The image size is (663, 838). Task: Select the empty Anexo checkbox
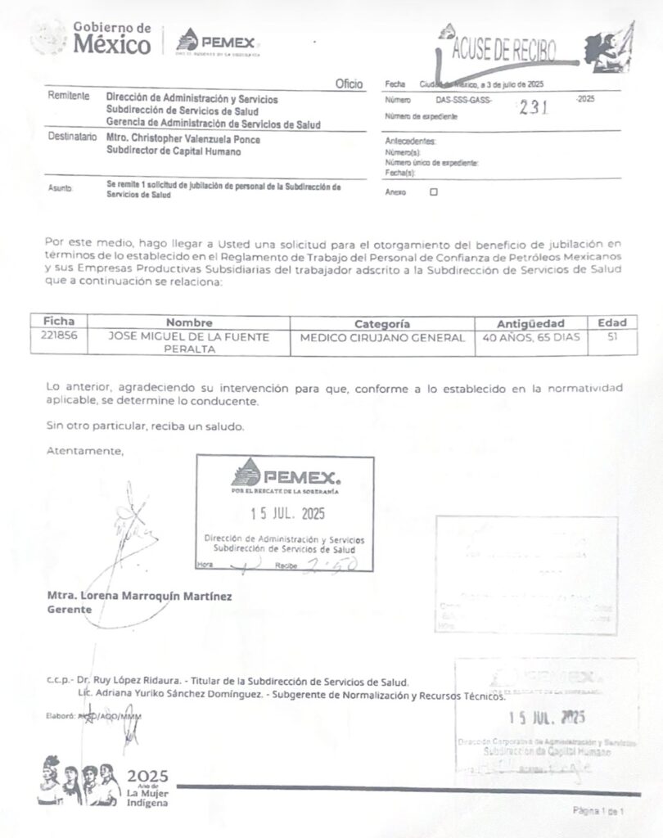434,192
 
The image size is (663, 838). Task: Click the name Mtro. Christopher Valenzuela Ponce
183,140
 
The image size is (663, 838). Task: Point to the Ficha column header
58,322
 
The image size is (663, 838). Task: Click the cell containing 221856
58,336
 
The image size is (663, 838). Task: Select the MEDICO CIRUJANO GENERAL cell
382,337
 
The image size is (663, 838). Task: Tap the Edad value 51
612,336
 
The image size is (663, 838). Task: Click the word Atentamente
85,450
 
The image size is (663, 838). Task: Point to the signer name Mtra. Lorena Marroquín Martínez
139,597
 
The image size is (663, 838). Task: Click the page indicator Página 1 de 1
598,811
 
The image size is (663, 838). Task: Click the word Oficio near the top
349,84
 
